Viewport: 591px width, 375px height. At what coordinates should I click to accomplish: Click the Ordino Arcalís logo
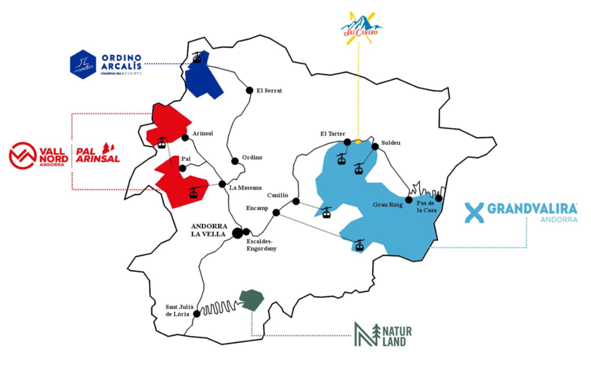(106, 64)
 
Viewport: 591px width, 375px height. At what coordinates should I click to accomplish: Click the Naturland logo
(382, 335)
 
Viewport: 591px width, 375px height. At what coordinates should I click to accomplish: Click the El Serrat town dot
(250, 90)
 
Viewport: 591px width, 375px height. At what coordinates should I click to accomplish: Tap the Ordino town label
(252, 157)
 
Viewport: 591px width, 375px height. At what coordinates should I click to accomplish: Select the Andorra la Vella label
(211, 230)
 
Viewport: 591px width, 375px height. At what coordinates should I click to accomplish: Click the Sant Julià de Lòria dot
(197, 314)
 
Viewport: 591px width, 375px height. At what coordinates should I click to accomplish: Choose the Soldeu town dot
(375, 147)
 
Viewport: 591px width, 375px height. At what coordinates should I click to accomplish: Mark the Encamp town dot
(276, 212)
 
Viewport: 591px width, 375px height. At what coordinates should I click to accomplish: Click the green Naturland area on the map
(252, 300)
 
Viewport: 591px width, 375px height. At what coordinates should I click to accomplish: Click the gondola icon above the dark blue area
(198, 58)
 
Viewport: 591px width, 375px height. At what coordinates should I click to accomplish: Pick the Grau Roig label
(388, 205)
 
